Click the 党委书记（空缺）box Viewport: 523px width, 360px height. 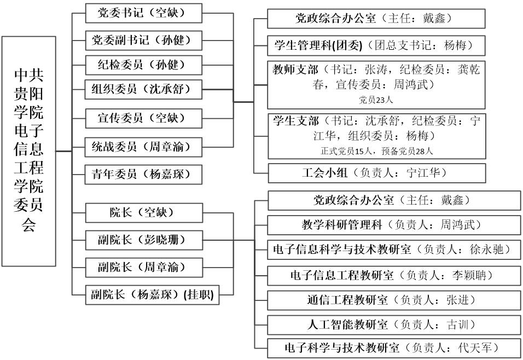click(144, 13)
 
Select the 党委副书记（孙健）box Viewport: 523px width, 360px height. click(144, 40)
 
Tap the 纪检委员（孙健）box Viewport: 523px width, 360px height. click(144, 65)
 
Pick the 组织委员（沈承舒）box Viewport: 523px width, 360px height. click(144, 89)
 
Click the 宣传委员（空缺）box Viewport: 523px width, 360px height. click(144, 118)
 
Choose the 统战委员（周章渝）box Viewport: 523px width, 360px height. click(144, 147)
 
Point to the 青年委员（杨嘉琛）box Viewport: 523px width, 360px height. click(144, 175)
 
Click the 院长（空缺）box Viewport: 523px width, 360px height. click(144, 213)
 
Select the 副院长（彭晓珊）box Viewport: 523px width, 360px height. click(144, 240)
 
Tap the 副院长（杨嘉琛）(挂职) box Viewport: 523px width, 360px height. click(152, 295)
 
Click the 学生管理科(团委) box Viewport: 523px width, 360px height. click(376, 45)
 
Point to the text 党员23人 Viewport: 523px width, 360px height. click(376, 100)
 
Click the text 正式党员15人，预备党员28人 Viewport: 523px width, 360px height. click(377, 152)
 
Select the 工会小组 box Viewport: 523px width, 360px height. click(377, 173)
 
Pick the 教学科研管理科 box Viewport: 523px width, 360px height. click(394, 225)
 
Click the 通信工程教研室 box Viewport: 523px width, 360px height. click(394, 300)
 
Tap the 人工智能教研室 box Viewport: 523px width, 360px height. click(394, 324)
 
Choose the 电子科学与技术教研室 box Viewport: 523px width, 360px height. click(394, 349)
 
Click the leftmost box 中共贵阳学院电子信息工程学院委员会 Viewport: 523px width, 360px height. click(28, 151)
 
